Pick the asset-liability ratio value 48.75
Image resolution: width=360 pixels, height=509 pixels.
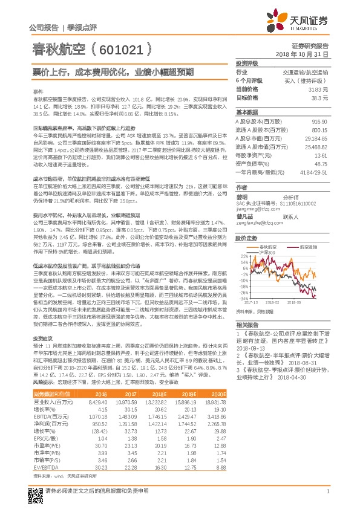coord(321,164)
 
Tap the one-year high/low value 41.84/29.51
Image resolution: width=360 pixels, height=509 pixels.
coord(314,172)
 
